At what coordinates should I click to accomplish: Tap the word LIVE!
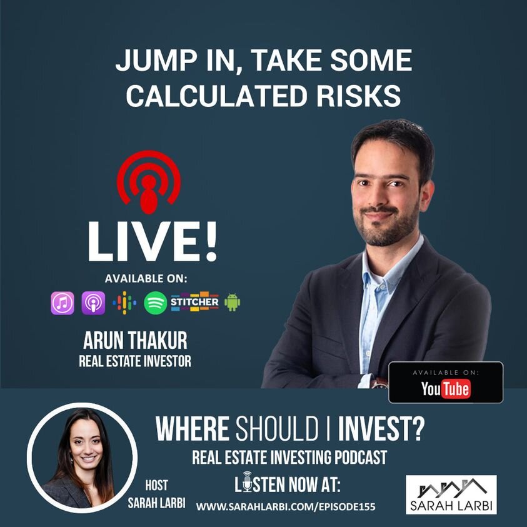[x=153, y=242]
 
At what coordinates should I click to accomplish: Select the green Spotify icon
[x=155, y=303]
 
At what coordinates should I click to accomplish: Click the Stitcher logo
[x=194, y=301]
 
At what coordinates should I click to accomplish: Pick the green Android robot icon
[x=233, y=302]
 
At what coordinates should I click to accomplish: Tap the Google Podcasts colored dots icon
[x=124, y=303]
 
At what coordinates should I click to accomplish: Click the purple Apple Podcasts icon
[x=93, y=303]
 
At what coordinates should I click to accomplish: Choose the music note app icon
[x=63, y=303]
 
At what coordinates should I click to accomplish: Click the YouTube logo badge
[x=446, y=383]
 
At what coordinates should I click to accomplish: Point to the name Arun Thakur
[x=135, y=341]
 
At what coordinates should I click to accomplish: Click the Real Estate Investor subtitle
[x=135, y=361]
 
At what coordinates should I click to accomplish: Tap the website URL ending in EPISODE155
[x=286, y=507]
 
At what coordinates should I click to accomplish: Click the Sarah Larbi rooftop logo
[x=451, y=494]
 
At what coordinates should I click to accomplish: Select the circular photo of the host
[x=83, y=458]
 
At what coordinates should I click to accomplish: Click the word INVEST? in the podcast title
[x=381, y=429]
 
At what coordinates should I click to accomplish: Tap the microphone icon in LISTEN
[x=248, y=481]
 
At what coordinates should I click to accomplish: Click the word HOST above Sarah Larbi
[x=156, y=485]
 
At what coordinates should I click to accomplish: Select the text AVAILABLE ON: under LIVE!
[x=146, y=279]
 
